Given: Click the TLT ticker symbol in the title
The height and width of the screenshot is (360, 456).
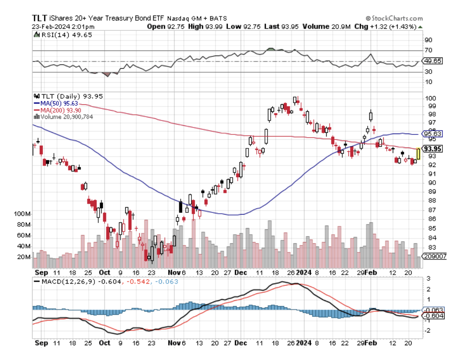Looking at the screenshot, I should click(40, 18).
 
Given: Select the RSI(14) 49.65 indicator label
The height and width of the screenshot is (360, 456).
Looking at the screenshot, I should click(66, 35).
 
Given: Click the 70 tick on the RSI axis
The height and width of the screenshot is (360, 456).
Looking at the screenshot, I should click(428, 51).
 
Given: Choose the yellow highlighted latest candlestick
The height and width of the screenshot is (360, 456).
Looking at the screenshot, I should click(418, 154).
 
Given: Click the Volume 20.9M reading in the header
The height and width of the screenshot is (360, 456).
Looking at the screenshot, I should click(325, 27).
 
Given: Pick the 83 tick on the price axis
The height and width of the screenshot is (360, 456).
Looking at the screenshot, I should click(428, 247).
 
